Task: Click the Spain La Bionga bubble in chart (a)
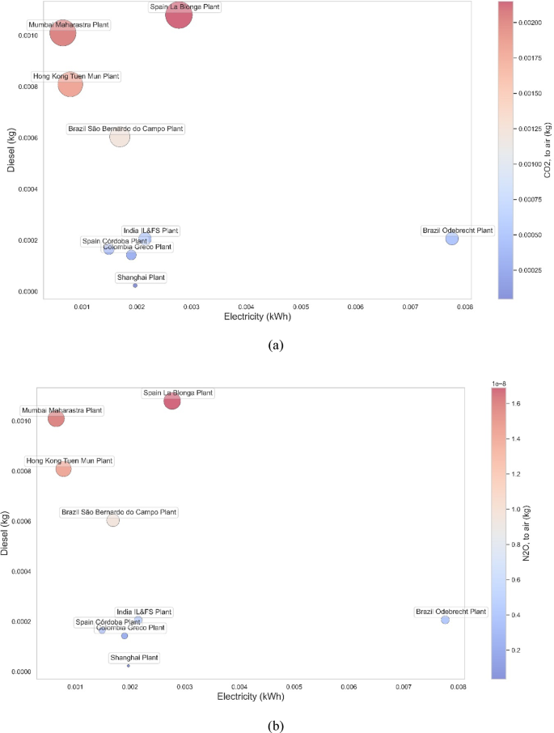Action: pos(179,15)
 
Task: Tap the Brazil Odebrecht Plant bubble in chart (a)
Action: pos(452,239)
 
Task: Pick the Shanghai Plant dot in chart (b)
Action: pos(129,665)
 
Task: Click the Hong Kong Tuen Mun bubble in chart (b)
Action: pos(63,469)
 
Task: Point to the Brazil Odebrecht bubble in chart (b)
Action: pos(445,620)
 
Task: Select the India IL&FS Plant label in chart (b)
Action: pos(144,612)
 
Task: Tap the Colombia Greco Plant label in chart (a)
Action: pos(131,247)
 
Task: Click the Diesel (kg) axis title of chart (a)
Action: pos(11,153)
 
